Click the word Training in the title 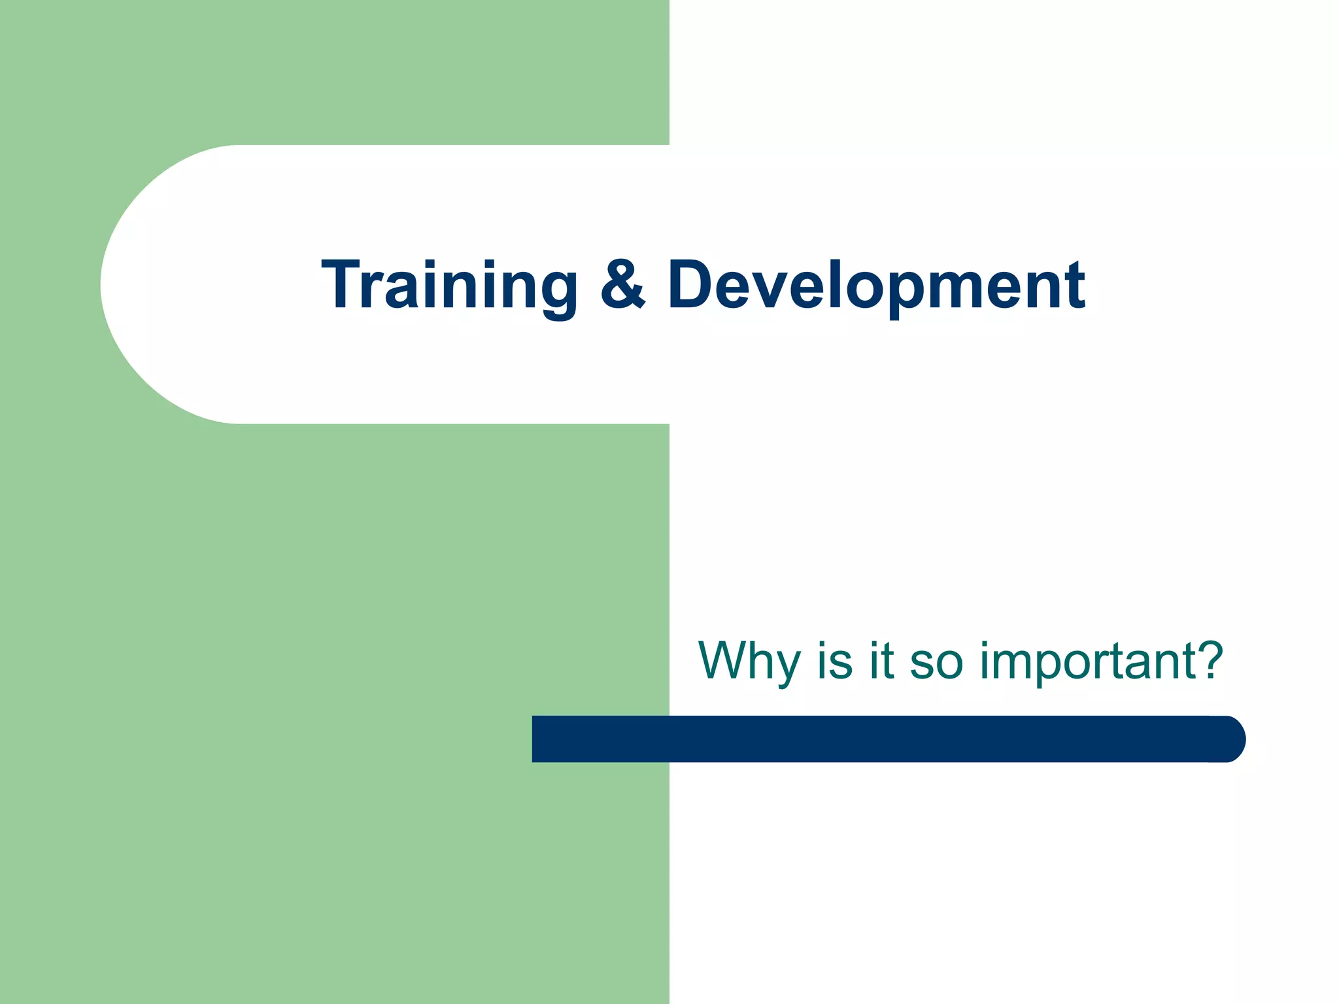[x=449, y=286]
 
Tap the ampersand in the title [x=622, y=284]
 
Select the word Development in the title [x=876, y=286]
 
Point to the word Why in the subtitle [x=749, y=661]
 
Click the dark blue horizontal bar [x=883, y=739]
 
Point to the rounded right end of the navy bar [x=1232, y=739]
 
